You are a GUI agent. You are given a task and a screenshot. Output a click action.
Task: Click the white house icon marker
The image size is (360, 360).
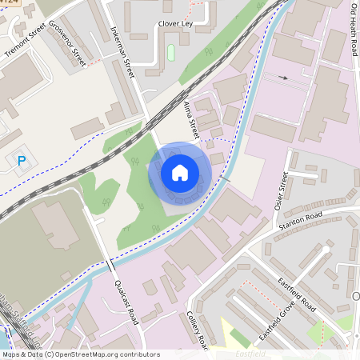[180, 172]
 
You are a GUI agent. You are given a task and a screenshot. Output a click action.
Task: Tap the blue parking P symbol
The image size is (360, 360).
[22, 161]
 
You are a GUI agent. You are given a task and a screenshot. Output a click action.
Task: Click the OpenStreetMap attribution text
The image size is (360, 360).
[80, 354]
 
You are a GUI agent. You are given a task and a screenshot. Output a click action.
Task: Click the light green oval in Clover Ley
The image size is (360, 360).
[170, 52]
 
